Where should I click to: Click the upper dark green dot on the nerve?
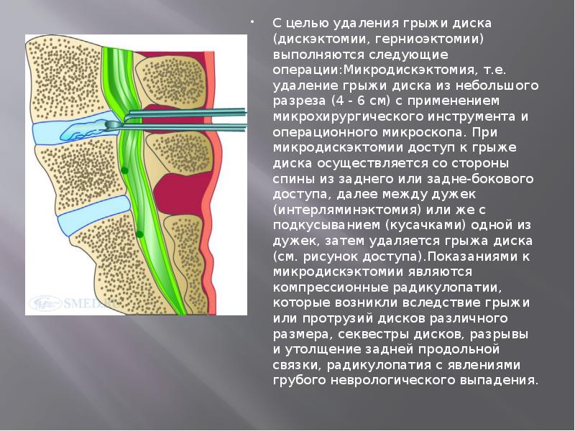[x=125, y=170]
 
